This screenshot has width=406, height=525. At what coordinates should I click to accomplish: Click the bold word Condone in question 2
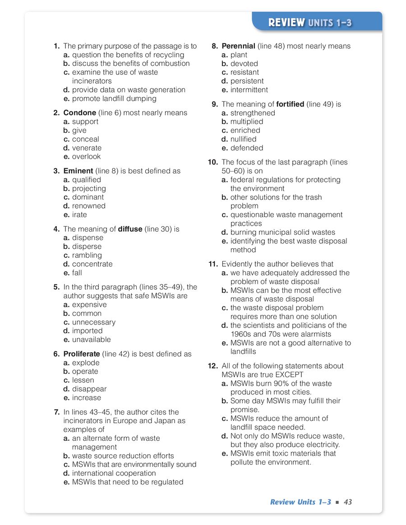(79, 113)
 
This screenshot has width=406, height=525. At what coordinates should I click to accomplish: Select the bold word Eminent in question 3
(78, 171)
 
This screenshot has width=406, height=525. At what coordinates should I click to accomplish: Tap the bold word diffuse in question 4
(130, 229)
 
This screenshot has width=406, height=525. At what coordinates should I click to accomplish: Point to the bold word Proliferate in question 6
(82, 354)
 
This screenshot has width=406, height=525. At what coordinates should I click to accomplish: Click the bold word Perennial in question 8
(238, 46)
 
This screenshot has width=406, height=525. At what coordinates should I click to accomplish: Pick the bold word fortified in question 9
(290, 104)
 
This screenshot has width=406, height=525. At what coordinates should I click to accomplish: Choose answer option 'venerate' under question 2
(87, 148)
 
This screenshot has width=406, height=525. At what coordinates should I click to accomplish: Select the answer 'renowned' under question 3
(88, 206)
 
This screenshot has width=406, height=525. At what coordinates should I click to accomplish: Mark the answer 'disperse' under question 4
(87, 247)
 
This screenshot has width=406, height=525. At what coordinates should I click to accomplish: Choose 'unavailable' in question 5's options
(91, 339)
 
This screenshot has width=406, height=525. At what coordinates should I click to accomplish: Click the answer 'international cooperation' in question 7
(114, 473)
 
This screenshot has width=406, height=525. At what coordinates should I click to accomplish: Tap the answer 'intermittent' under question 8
(249, 90)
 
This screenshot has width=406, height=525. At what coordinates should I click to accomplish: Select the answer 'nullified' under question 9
(243, 139)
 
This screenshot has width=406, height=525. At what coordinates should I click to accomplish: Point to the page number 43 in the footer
(348, 502)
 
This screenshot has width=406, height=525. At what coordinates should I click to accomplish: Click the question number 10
(213, 162)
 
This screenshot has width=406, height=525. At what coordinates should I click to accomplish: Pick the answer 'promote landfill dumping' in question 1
(114, 98)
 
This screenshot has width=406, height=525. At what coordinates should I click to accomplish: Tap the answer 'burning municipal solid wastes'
(282, 232)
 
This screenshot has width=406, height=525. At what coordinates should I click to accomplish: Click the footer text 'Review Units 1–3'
(300, 502)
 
